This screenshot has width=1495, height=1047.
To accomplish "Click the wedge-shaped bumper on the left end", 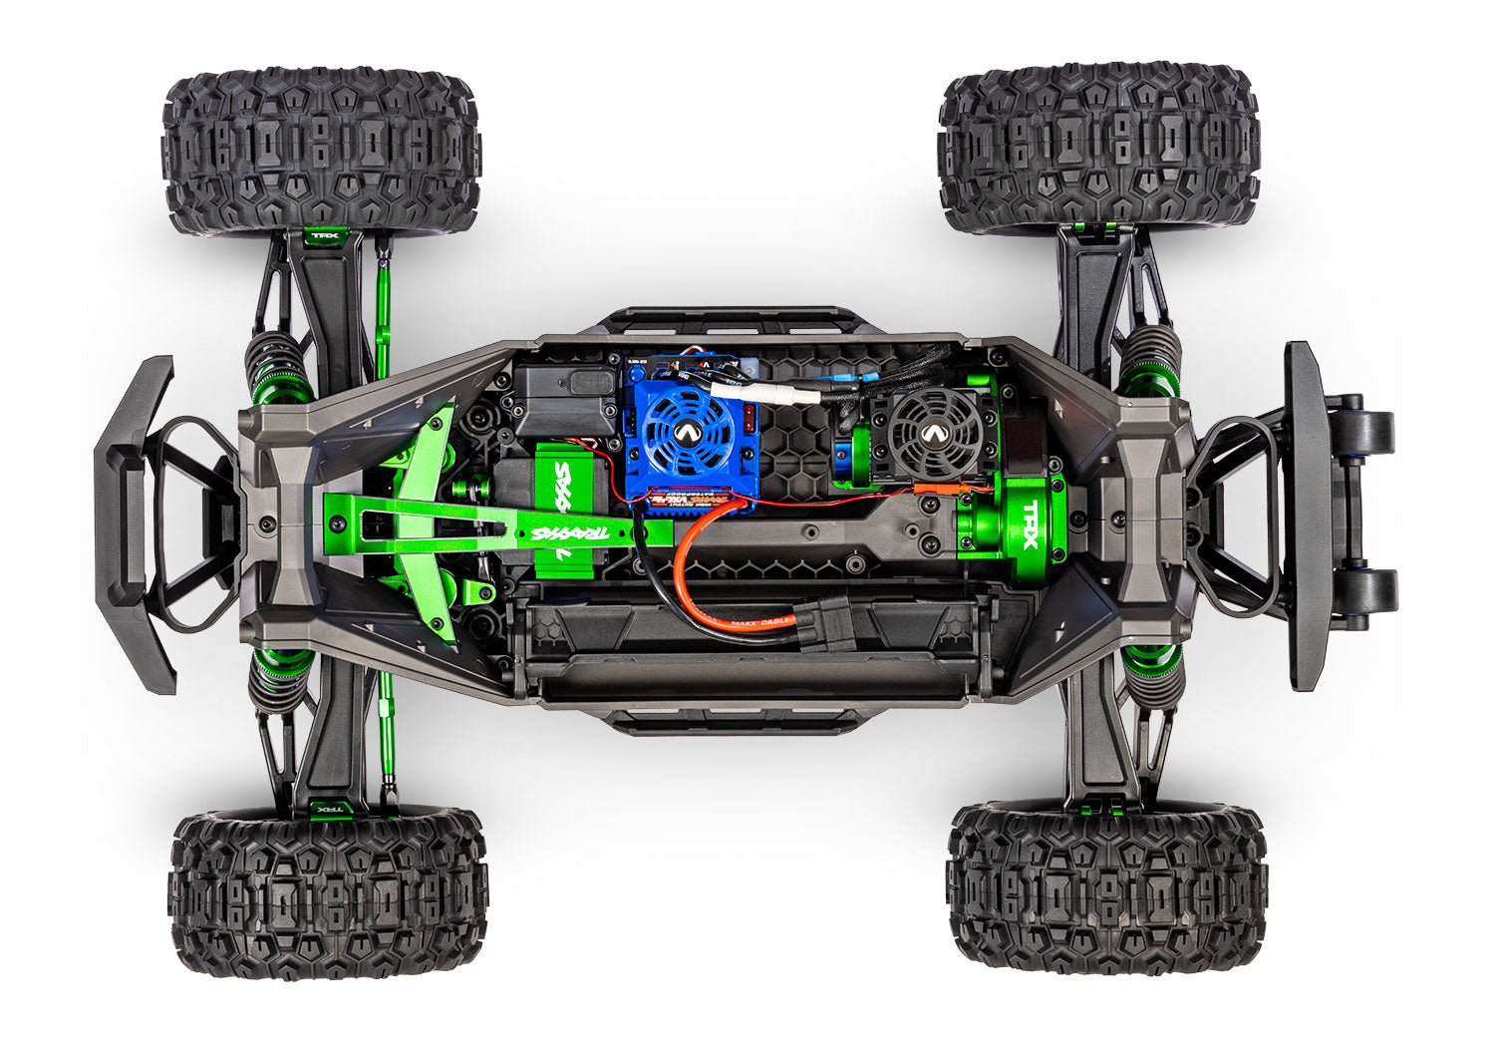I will (x=135, y=523).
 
